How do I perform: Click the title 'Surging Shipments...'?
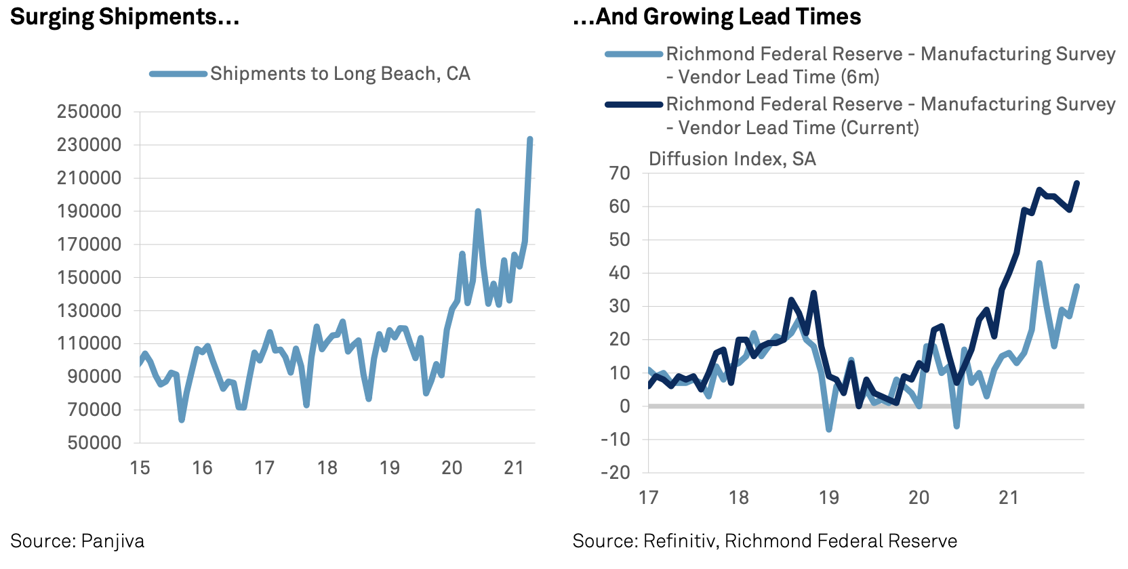point(125,17)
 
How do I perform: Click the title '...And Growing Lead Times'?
point(717,17)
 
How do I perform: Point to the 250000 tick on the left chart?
point(89,112)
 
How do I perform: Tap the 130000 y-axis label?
point(89,311)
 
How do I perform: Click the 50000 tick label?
point(94,443)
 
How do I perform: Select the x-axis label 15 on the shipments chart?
point(140,468)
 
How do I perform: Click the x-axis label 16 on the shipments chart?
point(202,468)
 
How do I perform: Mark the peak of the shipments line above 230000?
point(530,140)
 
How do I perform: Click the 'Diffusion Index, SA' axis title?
point(732,159)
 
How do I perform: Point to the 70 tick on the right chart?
point(620,173)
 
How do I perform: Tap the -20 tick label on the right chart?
point(615,473)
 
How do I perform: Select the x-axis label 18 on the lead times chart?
point(738,498)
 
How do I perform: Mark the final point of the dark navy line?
point(1077,183)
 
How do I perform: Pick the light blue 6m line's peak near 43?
point(1039,263)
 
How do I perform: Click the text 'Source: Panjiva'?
point(77,541)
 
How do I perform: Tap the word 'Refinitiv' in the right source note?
point(681,541)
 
